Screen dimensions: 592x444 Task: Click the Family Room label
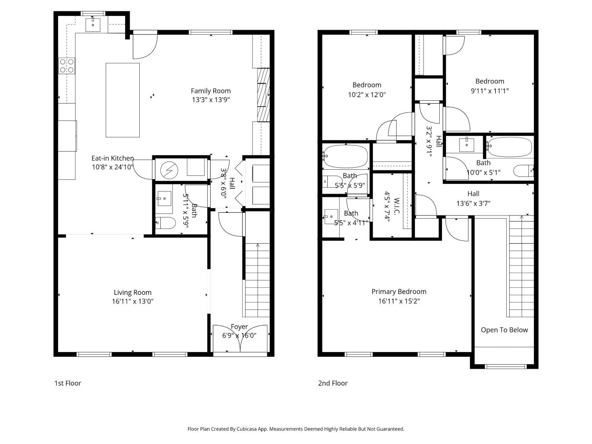[211, 91]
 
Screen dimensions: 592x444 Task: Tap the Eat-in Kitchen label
[113, 158]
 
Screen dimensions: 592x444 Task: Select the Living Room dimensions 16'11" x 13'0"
[133, 301]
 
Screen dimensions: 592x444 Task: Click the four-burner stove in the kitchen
[67, 66]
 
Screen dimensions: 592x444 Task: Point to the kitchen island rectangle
[123, 100]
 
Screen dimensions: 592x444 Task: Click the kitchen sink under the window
[93, 24]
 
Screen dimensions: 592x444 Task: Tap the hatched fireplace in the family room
[263, 95]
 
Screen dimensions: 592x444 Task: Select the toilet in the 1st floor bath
[165, 223]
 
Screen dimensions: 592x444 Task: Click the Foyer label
[239, 327]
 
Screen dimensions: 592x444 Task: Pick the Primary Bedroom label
[399, 292]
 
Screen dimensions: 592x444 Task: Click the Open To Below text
[504, 330]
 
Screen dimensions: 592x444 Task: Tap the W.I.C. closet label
[397, 206]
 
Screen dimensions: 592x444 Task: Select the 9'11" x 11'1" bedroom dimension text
[490, 91]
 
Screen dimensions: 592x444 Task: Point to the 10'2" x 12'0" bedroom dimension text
[367, 95]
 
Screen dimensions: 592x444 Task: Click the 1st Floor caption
[68, 383]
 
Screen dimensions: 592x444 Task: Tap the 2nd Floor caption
[333, 383]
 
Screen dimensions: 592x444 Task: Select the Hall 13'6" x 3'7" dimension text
[473, 203]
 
